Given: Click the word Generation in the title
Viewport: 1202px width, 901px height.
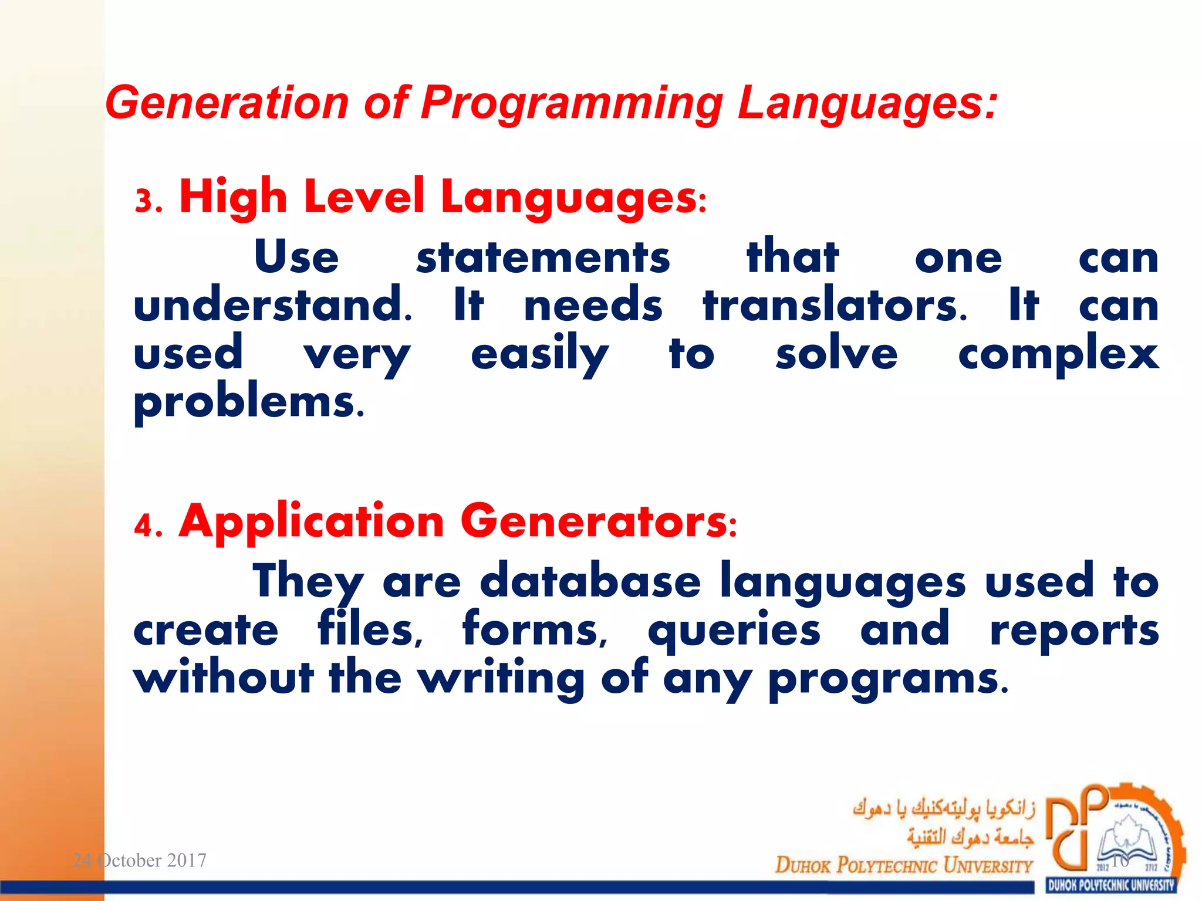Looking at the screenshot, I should point(226,103).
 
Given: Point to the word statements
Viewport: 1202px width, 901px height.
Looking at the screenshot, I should point(542,258).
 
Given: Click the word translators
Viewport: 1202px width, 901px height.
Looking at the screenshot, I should point(833,306).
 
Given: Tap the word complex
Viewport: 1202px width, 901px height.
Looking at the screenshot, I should point(1058,355).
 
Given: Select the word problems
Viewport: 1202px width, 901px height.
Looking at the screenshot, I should point(248,404).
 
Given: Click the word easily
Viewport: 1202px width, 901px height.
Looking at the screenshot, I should point(539,355).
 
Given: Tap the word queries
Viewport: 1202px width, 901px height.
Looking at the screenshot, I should point(734,631).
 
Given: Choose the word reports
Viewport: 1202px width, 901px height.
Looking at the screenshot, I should point(1074,631).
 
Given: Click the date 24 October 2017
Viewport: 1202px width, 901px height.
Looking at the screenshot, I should point(139,861).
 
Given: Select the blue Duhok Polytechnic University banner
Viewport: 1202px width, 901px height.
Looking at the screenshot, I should point(1110,885).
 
